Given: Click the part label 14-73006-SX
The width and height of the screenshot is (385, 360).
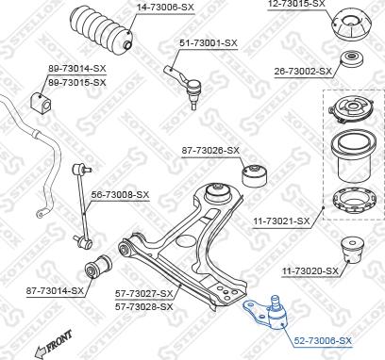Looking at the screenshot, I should [165, 7].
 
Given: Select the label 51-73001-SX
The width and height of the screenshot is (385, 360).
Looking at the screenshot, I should [209, 43].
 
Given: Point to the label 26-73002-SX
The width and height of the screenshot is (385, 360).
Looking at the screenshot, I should [304, 71].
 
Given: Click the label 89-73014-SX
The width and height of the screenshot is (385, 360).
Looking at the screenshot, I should [77, 69].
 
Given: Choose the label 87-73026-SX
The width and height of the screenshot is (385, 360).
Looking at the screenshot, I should [210, 150].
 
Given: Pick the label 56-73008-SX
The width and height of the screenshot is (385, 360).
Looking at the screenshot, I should [120, 195].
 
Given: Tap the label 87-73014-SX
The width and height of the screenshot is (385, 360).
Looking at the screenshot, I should [55, 290].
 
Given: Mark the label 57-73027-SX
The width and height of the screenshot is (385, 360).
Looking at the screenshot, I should [144, 293].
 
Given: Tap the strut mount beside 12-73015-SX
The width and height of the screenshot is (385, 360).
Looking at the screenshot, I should [345, 27].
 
